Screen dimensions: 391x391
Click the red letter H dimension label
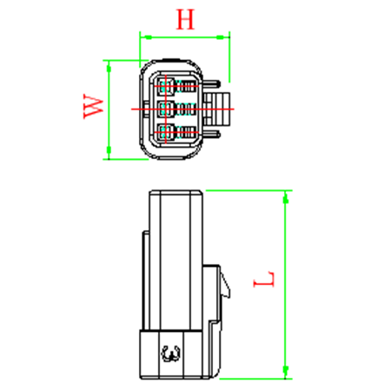[185, 19]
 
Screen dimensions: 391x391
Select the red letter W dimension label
[93, 106]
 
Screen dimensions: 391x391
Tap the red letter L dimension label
[263, 279]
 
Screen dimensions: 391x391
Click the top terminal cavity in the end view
[166, 86]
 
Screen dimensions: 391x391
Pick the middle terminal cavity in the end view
[167, 109]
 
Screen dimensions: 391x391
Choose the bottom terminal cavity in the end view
[166, 132]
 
